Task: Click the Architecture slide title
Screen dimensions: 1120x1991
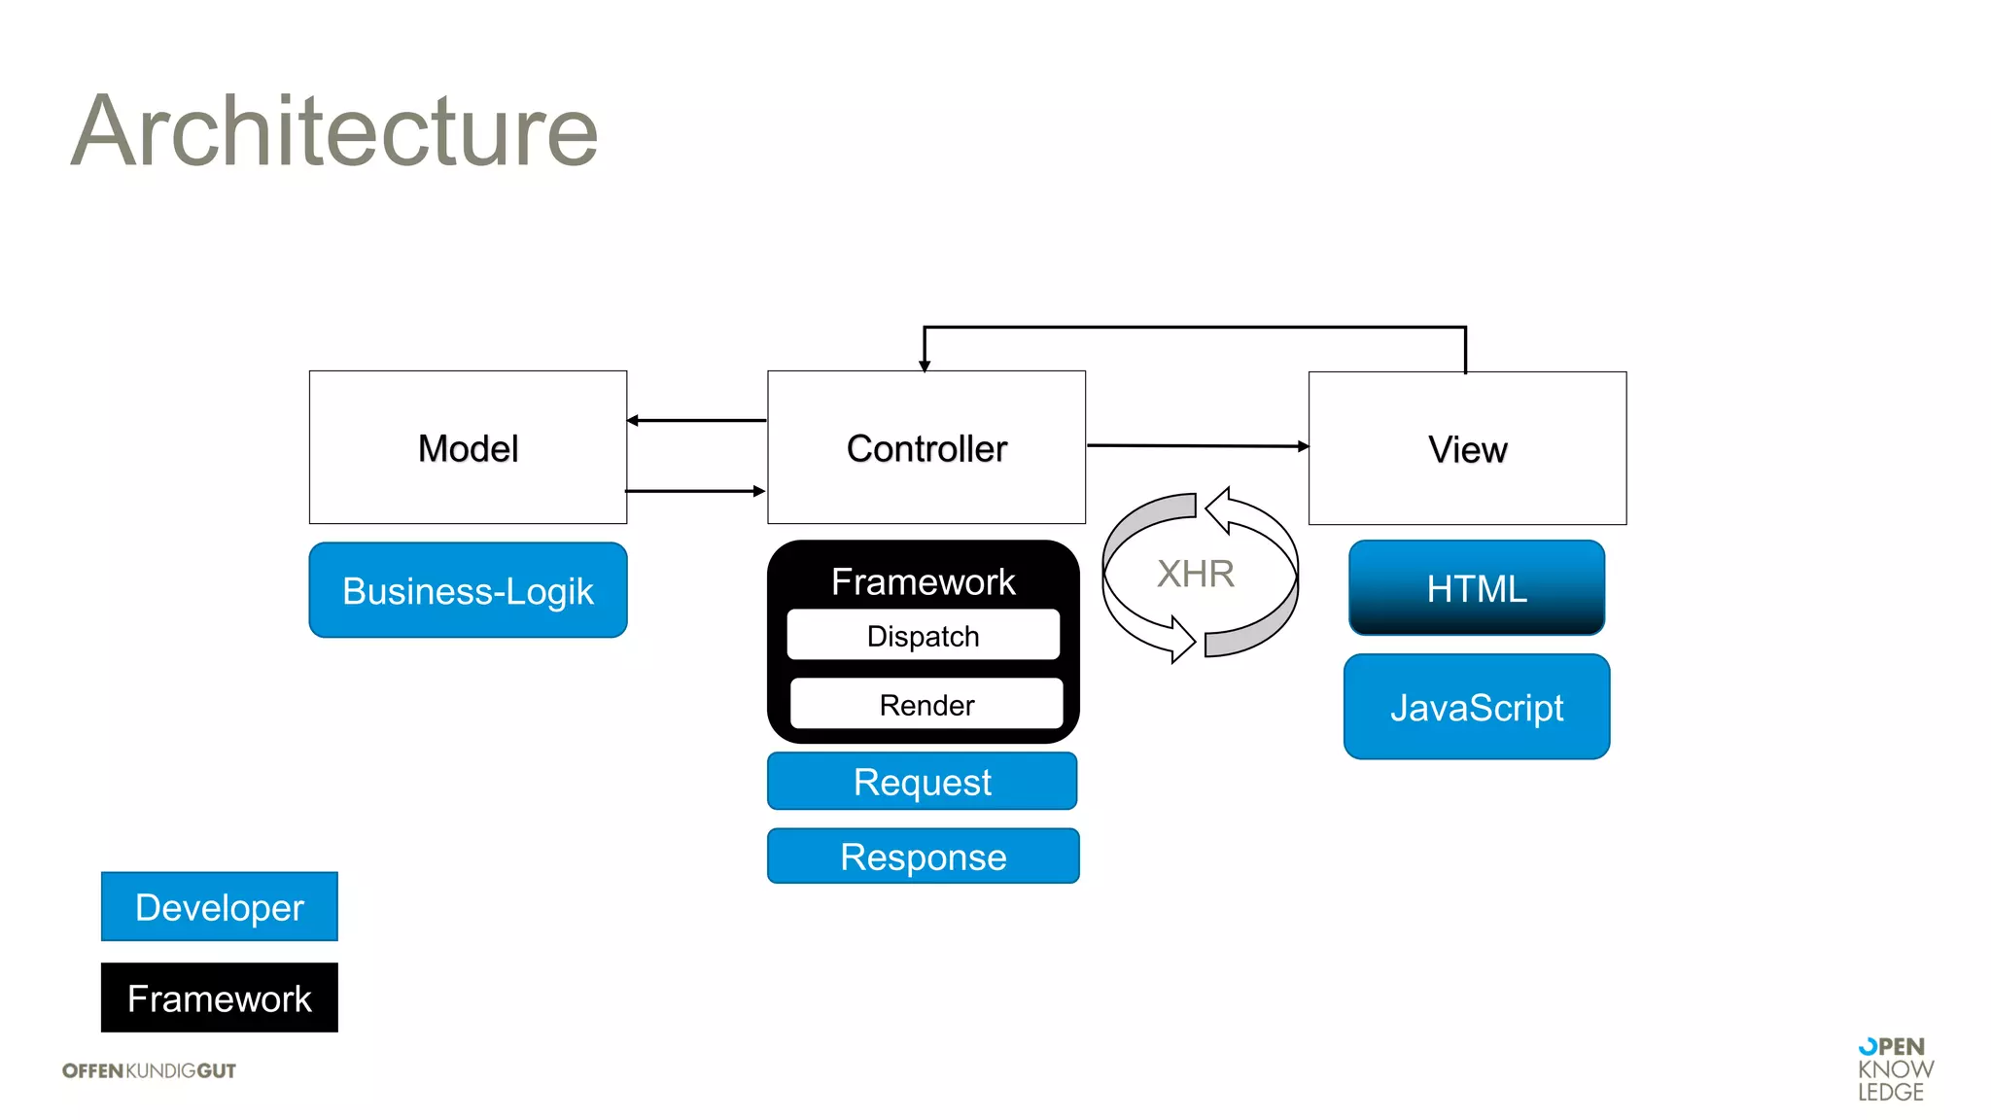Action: [334, 131]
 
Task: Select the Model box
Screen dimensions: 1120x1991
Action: [468, 448]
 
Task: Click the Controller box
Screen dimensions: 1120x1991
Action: [926, 448]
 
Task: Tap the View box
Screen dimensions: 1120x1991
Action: [1467, 449]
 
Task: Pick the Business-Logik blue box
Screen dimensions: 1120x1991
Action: [468, 591]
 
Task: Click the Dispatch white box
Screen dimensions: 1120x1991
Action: [923, 636]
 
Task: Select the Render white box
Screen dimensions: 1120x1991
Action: [926, 705]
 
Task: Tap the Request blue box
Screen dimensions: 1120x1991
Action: [922, 782]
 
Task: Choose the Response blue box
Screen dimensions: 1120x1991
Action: [923, 857]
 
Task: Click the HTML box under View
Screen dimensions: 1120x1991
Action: [1476, 588]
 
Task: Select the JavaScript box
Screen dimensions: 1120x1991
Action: [1476, 707]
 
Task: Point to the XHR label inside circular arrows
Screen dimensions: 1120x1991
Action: [1196, 574]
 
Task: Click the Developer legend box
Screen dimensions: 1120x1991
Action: [220, 907]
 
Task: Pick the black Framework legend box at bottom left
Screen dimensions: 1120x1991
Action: [220, 998]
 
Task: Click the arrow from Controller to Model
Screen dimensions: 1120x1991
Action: [696, 421]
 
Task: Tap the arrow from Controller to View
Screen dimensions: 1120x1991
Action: [1198, 446]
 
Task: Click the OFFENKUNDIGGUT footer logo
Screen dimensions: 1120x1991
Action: [149, 1070]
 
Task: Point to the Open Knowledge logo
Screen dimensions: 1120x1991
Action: [1894, 1069]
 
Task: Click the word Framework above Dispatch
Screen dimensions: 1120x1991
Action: [923, 581]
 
